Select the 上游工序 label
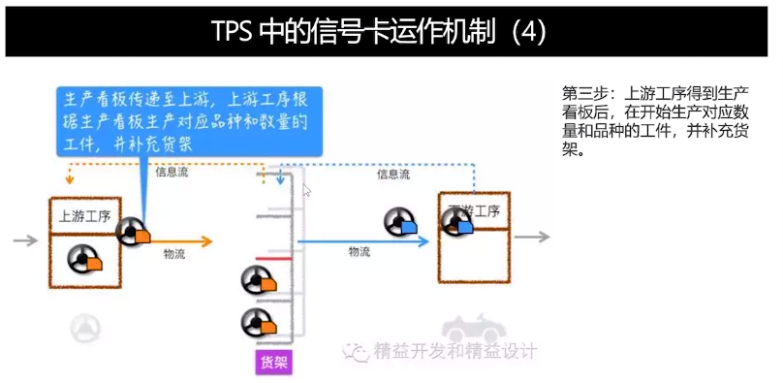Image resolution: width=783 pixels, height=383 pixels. pyautogui.click(x=84, y=215)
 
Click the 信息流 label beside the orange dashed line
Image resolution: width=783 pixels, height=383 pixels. pyautogui.click(x=172, y=173)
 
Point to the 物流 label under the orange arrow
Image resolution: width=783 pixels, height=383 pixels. pyautogui.click(x=175, y=255)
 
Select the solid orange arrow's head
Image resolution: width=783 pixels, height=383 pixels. pyautogui.click(x=204, y=240)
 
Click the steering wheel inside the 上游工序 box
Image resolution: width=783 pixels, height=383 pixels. pyautogui.click(x=85, y=259)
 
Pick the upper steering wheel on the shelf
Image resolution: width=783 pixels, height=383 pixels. pyautogui.click(x=257, y=281)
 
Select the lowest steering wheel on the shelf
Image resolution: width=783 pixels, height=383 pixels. pyautogui.click(x=257, y=322)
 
